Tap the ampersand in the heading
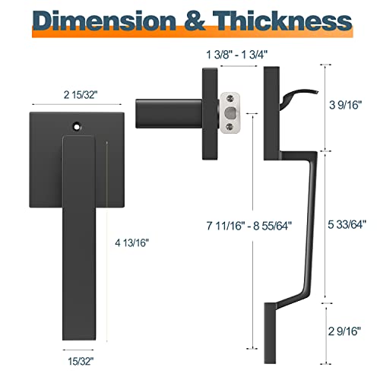[x=189, y=21]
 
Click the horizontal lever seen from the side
[x=163, y=115]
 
